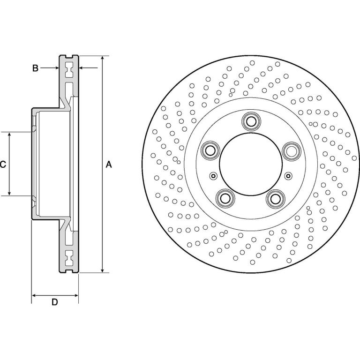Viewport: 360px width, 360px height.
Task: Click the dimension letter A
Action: (109, 165)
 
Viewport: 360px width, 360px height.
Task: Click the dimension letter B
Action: (35, 68)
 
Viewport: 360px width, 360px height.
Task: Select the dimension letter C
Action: (3, 165)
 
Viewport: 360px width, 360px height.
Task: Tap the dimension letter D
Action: (55, 302)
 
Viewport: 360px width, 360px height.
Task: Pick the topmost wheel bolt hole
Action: (251, 121)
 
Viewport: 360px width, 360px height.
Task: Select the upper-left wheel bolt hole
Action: (210, 150)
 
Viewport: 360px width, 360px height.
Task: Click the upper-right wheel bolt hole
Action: (292, 150)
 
